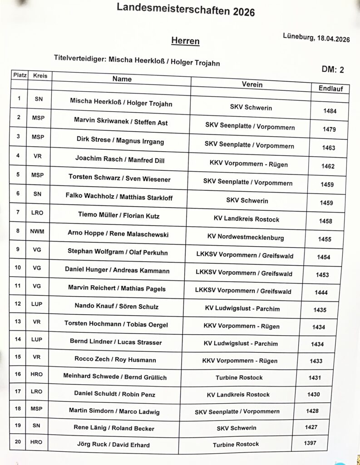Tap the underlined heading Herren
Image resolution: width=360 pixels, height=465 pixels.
coord(185,41)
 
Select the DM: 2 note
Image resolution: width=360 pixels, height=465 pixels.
coord(333,69)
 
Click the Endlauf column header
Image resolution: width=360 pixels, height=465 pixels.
coord(324,88)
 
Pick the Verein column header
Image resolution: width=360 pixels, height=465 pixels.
coord(252,84)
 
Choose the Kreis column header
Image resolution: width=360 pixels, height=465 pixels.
coord(40,75)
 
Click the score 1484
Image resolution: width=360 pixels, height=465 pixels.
coord(330,111)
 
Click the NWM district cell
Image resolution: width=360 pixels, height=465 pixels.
coord(37,231)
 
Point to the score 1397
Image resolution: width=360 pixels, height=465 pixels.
coord(310,443)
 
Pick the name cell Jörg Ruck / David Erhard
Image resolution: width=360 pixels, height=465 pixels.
coord(114,445)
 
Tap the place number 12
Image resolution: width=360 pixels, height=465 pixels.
coord(18,303)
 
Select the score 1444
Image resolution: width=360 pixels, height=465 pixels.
coord(321,292)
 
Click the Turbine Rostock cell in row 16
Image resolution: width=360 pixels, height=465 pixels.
coord(239,377)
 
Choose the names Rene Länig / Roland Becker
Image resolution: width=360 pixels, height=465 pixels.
coord(114,428)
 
